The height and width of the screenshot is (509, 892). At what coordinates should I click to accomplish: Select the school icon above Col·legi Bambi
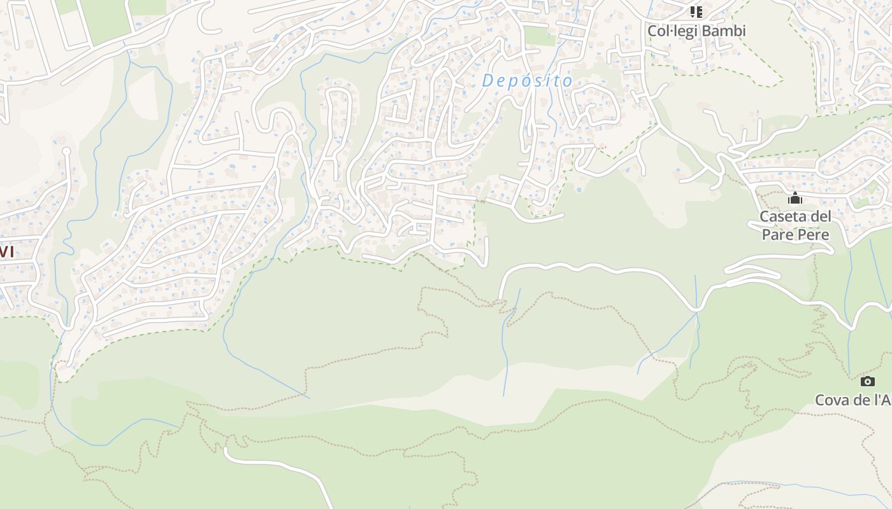point(696,12)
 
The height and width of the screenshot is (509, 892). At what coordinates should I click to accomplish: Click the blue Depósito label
point(528,81)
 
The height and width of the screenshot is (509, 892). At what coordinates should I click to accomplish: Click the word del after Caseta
point(821,216)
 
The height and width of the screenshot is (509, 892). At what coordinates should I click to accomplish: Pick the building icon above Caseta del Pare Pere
point(795,199)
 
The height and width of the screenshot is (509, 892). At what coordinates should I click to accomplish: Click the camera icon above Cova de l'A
point(867,381)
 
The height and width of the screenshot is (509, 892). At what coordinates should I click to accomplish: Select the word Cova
point(833,400)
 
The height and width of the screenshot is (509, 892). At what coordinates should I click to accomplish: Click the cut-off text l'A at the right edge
point(882,400)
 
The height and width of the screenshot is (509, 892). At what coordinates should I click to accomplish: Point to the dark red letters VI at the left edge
point(6,251)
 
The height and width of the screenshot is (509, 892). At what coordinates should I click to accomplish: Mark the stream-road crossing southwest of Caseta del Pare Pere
point(696,309)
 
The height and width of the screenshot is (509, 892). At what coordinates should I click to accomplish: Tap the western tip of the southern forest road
point(226,450)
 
